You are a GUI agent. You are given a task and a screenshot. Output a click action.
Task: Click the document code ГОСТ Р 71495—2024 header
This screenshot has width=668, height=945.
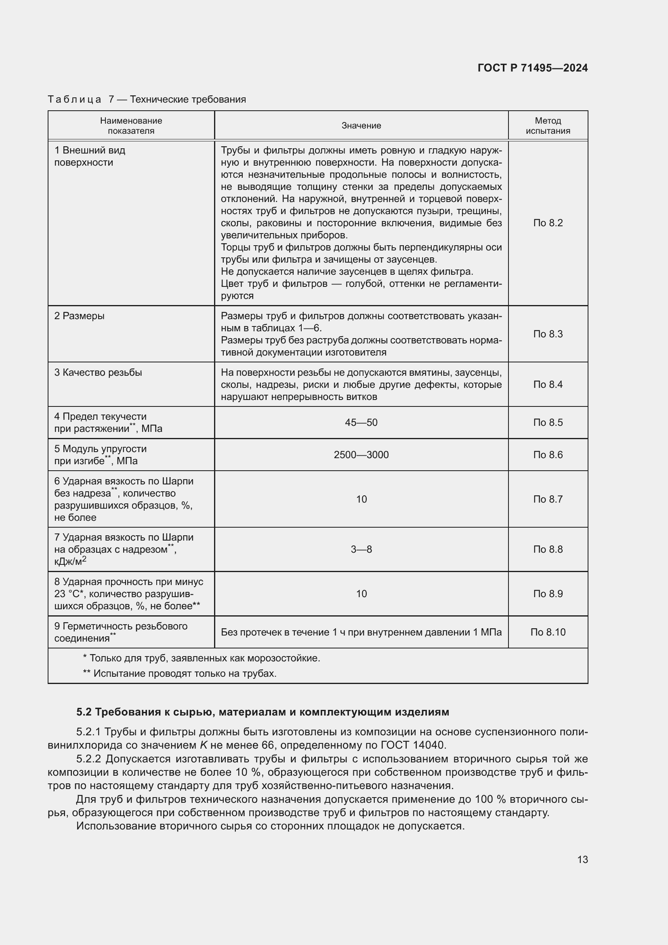tap(532, 68)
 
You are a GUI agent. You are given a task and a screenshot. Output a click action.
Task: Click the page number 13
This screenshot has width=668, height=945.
tap(582, 859)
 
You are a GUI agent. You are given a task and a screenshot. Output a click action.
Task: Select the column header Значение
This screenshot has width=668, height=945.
tap(361, 126)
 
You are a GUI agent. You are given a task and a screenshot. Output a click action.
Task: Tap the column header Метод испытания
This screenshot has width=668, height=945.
tap(548, 126)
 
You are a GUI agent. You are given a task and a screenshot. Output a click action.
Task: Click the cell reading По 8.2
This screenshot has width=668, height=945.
tap(548, 223)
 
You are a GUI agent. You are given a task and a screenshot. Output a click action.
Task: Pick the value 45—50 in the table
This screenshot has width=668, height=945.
tap(361, 423)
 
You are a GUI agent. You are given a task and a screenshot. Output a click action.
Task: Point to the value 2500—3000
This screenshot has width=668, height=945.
tap(361, 455)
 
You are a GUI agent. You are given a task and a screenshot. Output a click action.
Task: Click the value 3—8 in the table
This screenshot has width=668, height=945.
tap(361, 549)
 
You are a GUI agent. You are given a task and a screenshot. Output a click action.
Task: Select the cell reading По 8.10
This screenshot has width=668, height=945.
tap(548, 632)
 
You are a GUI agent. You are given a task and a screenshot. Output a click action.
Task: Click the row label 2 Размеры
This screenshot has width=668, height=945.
tap(80, 316)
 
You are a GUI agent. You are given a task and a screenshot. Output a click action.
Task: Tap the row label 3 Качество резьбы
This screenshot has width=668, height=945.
tap(98, 373)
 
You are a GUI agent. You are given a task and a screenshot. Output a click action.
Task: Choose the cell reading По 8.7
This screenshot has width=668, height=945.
tap(548, 499)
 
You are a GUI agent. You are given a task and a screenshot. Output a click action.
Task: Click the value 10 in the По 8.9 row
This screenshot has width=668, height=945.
tap(361, 594)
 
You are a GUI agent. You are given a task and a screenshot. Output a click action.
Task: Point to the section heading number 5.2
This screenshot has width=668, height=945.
tap(84, 712)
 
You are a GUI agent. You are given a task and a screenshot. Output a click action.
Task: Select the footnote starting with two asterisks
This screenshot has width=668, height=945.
tap(180, 673)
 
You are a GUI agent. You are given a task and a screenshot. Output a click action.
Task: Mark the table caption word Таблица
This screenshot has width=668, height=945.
tap(74, 99)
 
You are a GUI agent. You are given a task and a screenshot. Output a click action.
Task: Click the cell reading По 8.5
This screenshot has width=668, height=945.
tap(548, 423)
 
